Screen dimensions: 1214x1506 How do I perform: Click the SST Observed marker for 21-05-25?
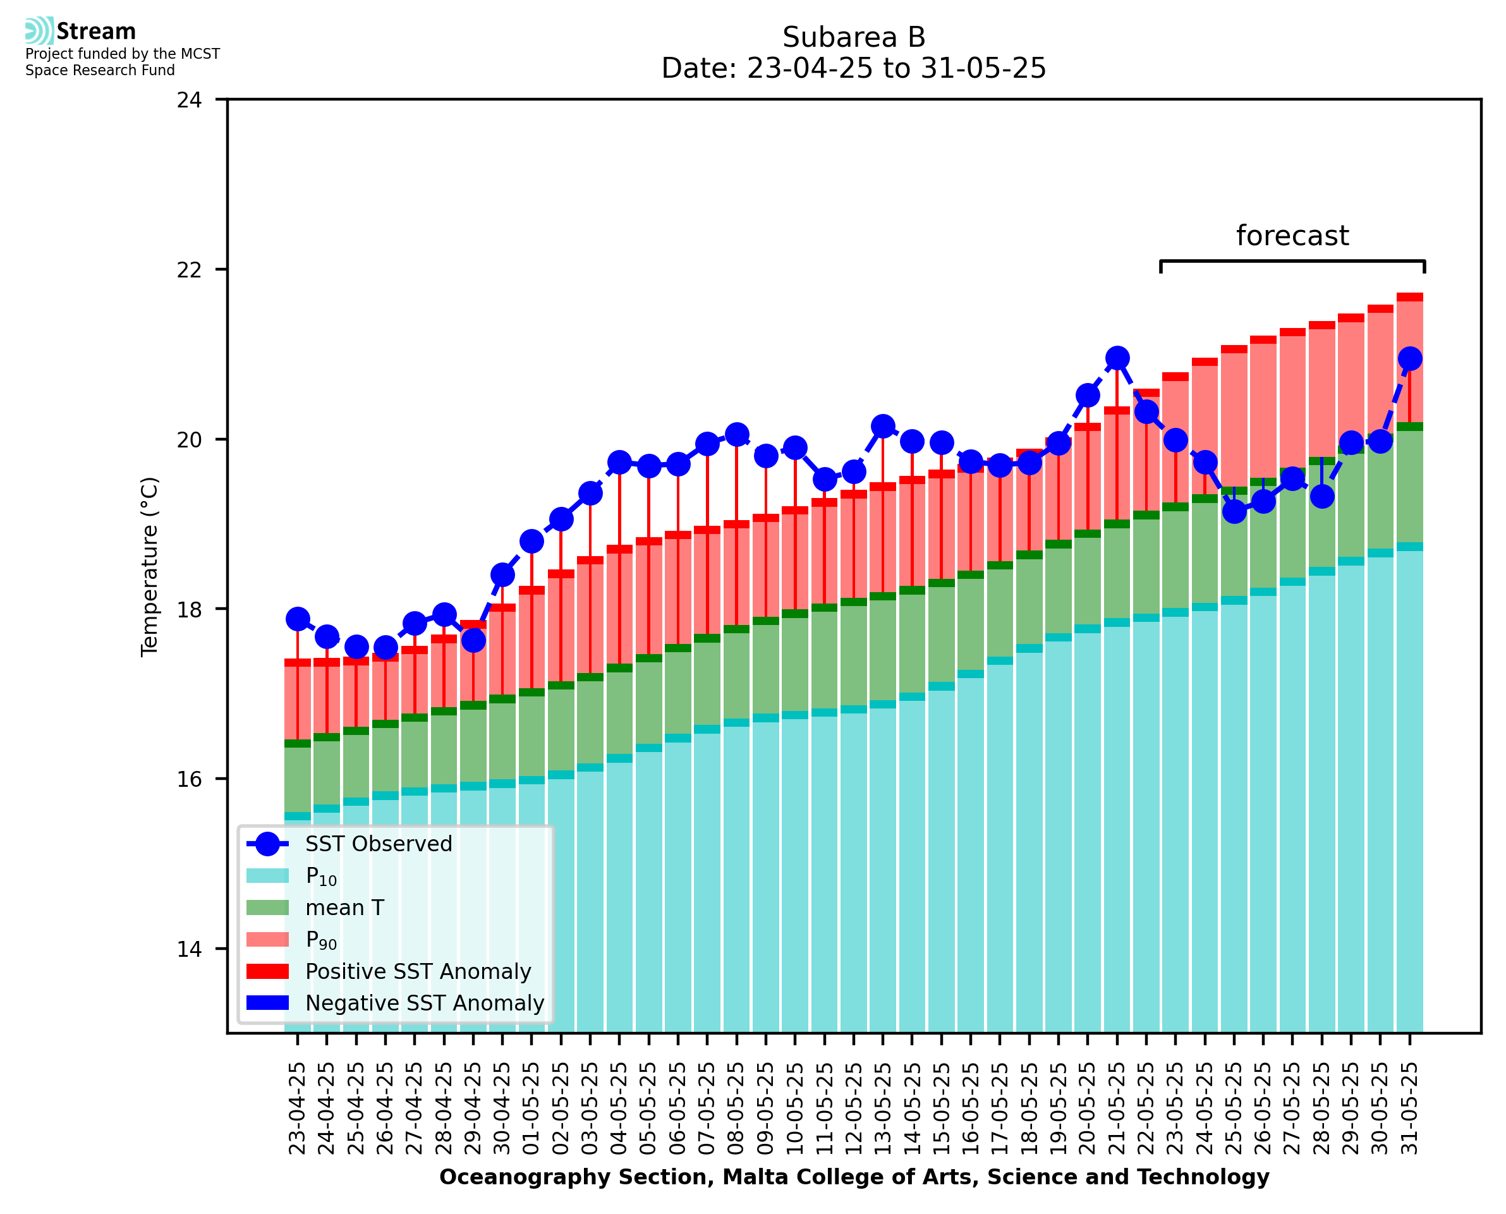point(1117,358)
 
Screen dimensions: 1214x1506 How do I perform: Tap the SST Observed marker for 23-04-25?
point(298,619)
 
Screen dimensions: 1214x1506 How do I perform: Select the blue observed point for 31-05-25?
point(1409,358)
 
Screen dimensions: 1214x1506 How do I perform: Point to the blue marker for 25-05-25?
point(1234,511)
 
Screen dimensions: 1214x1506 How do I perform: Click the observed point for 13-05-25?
point(883,426)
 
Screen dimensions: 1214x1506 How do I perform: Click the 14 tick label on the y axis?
point(189,949)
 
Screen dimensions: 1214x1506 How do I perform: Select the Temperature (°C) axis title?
point(150,566)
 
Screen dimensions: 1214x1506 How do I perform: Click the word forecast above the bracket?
point(1292,236)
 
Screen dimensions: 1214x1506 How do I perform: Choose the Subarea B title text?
point(854,37)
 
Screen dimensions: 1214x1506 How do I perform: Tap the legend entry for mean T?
point(344,907)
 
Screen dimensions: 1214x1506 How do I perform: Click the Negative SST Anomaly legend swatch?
point(267,1003)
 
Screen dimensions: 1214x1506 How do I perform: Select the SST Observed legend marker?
point(267,844)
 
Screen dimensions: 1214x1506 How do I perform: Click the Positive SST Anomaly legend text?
point(418,971)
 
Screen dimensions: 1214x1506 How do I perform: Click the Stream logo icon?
point(39,31)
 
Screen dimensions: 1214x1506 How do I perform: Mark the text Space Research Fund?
point(100,70)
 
